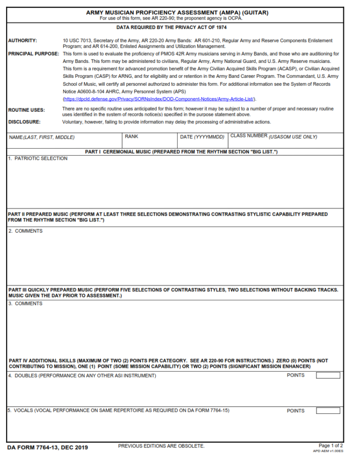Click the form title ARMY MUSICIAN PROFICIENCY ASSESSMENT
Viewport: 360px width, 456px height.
click(177, 13)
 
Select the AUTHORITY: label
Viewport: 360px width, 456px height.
click(22, 41)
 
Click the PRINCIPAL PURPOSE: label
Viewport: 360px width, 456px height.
click(33, 54)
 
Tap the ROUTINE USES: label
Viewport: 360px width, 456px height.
click(27, 110)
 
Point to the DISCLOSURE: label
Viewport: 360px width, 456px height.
click(24, 122)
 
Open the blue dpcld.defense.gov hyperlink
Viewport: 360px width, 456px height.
click(159, 99)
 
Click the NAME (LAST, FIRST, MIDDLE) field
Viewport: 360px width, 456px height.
click(64, 140)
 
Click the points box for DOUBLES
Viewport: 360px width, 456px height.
click(328, 375)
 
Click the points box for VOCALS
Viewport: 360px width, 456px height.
click(328, 410)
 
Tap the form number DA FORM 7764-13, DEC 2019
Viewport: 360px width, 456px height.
click(48, 447)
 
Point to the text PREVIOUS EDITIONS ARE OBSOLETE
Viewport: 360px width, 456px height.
click(161, 446)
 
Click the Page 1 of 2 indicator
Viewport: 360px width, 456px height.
click(330, 445)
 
